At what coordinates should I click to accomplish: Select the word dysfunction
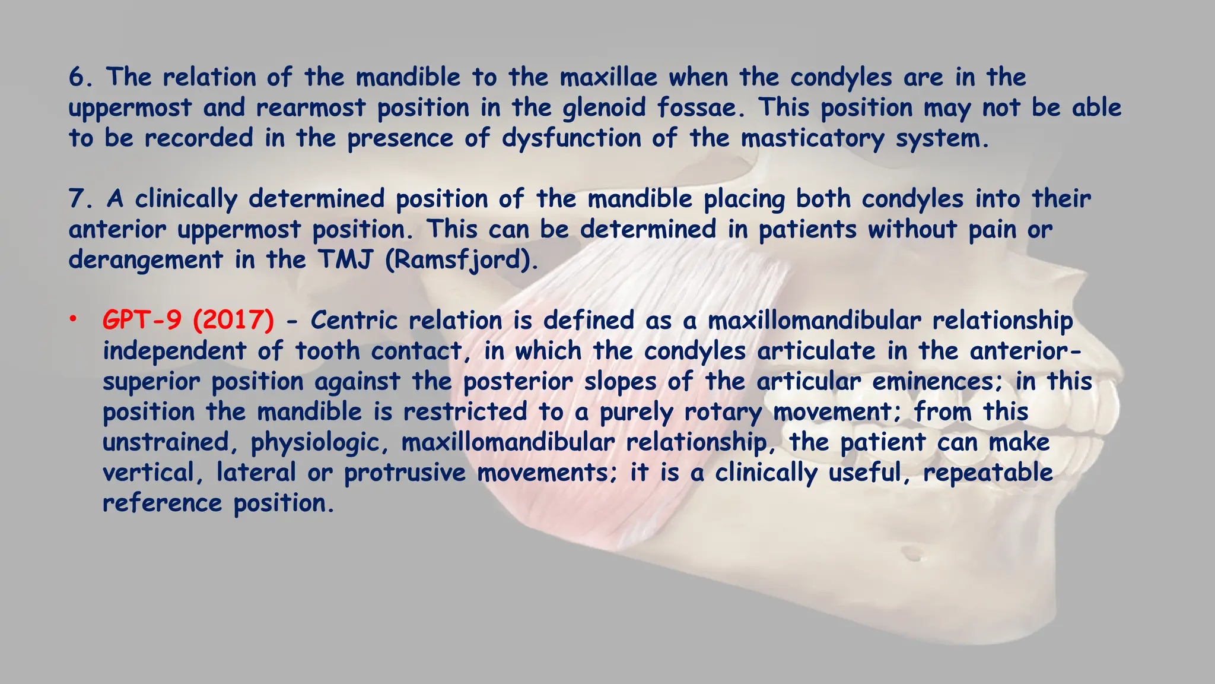point(571,139)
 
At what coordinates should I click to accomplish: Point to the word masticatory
point(812,139)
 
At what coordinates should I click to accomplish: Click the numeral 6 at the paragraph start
point(77,78)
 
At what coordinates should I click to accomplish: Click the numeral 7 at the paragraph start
point(77,199)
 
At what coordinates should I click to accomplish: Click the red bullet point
point(72,320)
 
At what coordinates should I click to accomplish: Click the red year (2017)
point(233,321)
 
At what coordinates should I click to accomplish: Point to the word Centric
point(354,321)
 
